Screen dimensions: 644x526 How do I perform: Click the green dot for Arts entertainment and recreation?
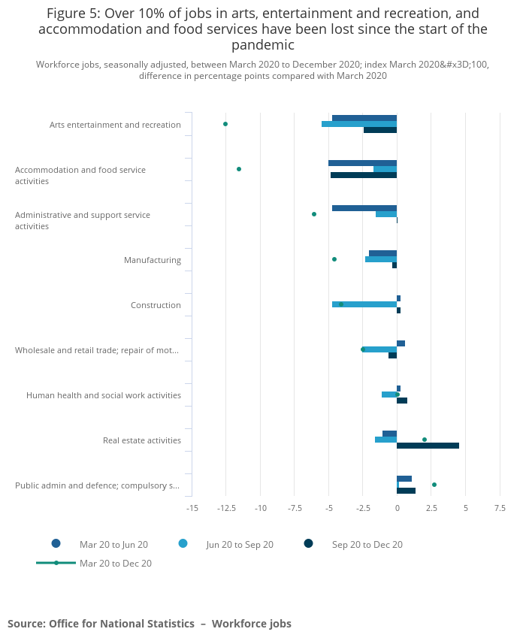(x=225, y=124)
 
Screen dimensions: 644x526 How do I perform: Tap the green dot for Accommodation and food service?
(x=239, y=169)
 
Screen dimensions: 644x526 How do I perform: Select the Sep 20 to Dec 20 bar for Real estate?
(x=428, y=446)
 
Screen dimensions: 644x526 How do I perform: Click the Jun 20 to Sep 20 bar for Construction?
(x=364, y=304)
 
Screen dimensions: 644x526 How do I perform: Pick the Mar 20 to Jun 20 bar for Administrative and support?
(x=364, y=208)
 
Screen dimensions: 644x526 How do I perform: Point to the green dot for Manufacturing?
(x=334, y=259)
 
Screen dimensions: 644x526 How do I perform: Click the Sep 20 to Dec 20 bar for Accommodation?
(x=364, y=175)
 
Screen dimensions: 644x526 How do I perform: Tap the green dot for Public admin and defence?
(x=434, y=485)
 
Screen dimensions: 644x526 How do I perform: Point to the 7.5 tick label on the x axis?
(x=500, y=509)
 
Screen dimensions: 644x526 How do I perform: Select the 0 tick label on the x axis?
(x=397, y=509)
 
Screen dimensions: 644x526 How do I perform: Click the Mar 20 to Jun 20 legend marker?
(x=56, y=544)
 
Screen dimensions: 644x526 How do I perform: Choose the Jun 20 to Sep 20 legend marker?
(x=183, y=544)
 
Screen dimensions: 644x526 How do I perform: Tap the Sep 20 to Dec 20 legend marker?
(x=308, y=544)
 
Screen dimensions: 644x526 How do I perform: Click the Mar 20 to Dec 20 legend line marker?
(x=56, y=563)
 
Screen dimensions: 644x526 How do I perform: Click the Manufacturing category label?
(x=153, y=260)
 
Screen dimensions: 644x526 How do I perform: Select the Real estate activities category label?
(x=142, y=440)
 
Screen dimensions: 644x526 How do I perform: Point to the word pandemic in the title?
(x=263, y=45)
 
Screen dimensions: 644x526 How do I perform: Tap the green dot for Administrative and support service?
(x=314, y=214)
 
